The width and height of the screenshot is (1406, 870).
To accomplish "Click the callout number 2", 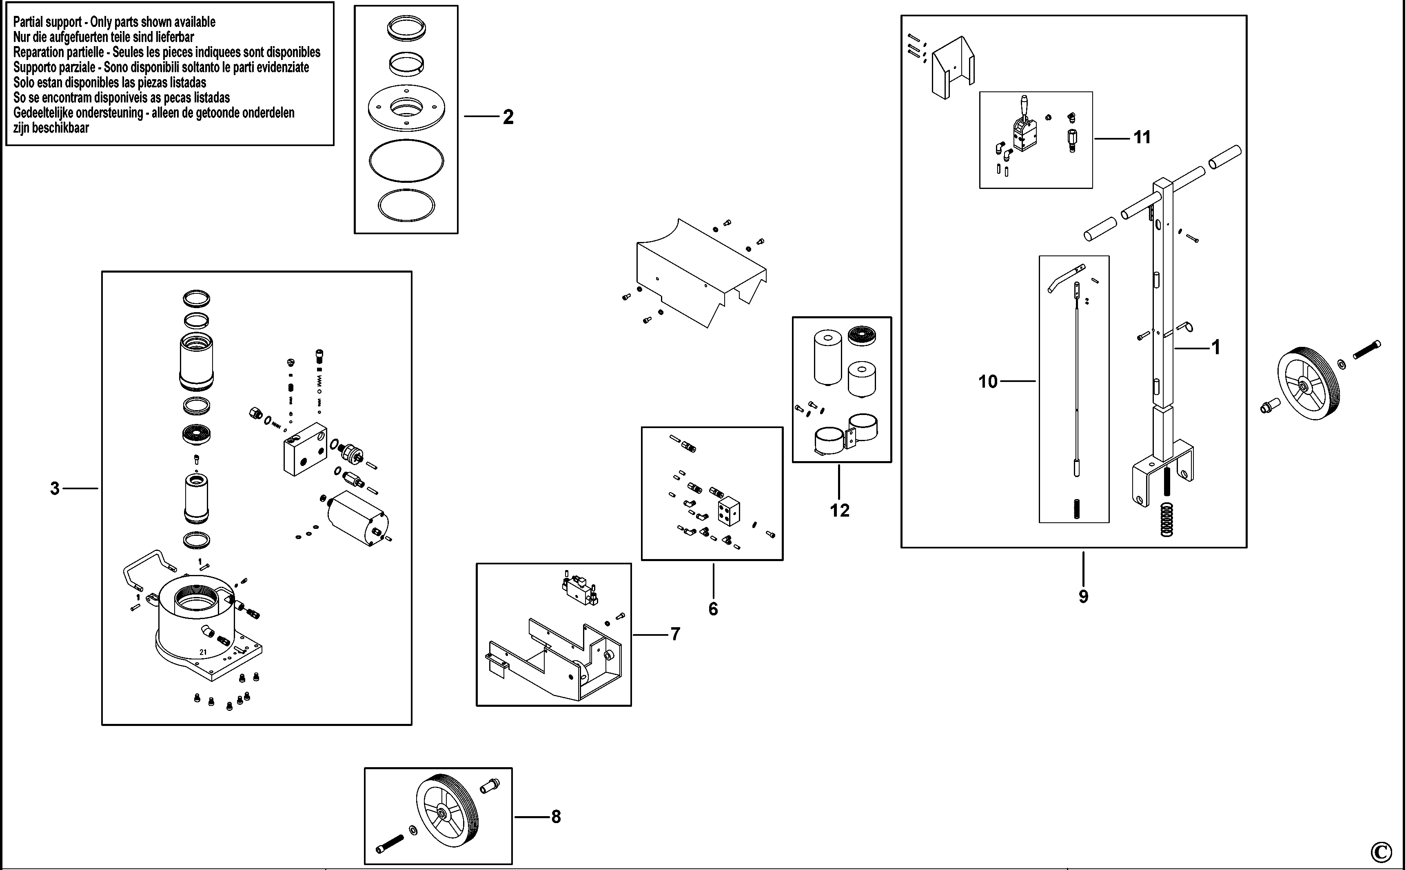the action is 508,118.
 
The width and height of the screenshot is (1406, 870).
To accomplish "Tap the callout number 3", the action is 55,488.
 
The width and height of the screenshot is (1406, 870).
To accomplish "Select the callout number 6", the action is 713,609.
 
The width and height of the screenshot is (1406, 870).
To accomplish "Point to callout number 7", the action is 675,634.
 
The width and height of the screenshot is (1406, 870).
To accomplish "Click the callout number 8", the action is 556,817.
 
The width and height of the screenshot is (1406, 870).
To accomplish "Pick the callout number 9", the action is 1084,596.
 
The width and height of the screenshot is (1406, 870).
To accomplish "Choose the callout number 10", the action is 988,382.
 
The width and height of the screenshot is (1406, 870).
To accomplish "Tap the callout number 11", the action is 1142,138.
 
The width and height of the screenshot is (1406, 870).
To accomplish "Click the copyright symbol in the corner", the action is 1381,851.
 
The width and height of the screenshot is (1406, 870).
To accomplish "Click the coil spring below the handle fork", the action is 1166,519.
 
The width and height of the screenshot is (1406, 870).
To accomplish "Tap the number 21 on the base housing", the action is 203,652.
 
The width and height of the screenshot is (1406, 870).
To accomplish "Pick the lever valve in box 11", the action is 1024,126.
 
